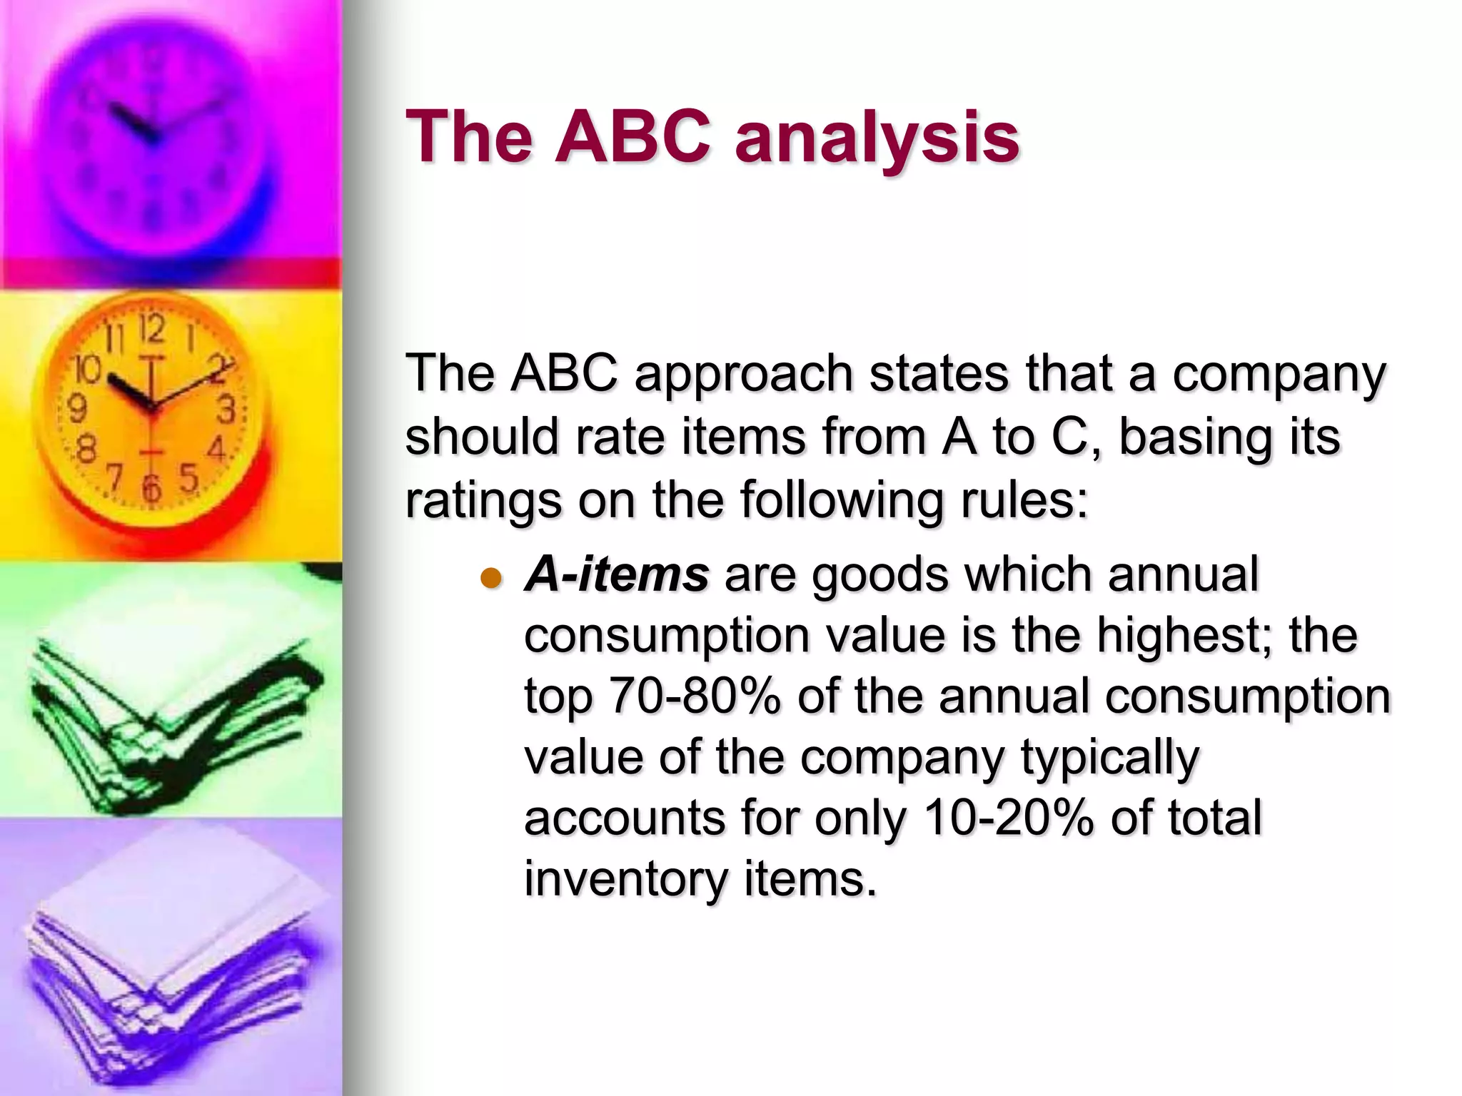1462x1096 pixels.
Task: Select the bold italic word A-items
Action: pyautogui.click(x=616, y=575)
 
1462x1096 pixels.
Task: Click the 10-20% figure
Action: pyautogui.click(x=1007, y=818)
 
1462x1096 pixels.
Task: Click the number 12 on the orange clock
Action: pyautogui.click(x=151, y=330)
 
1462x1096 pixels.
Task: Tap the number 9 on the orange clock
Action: pyautogui.click(x=77, y=410)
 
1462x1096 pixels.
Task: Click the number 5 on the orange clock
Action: pyautogui.click(x=188, y=477)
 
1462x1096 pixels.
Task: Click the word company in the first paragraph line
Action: pyautogui.click(x=1279, y=375)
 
